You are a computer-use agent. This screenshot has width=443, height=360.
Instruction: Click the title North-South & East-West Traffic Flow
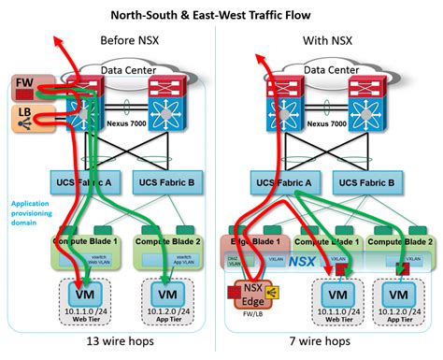pyautogui.click(x=221, y=14)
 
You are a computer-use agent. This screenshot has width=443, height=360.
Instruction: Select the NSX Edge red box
pyautogui.click(x=251, y=295)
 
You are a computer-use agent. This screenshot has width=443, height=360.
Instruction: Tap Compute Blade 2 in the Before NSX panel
pyautogui.click(x=169, y=241)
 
